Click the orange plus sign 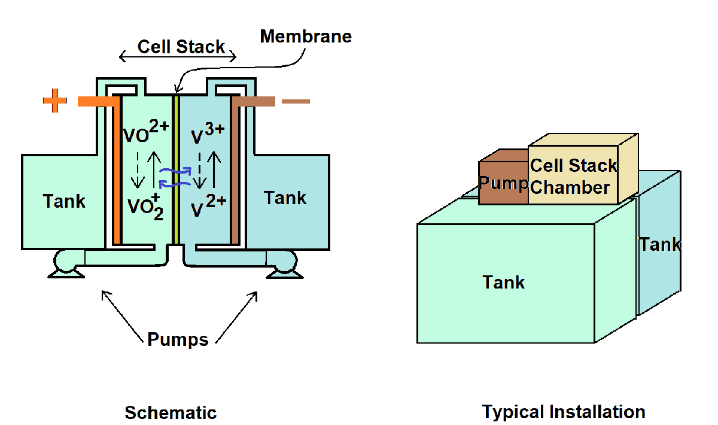55,101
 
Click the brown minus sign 296,101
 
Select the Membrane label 306,37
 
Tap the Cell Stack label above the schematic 181,47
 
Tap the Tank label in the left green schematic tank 64,201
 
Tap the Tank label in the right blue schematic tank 285,198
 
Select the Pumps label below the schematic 178,340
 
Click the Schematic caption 171,412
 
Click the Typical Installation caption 564,412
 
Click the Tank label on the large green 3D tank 504,282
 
